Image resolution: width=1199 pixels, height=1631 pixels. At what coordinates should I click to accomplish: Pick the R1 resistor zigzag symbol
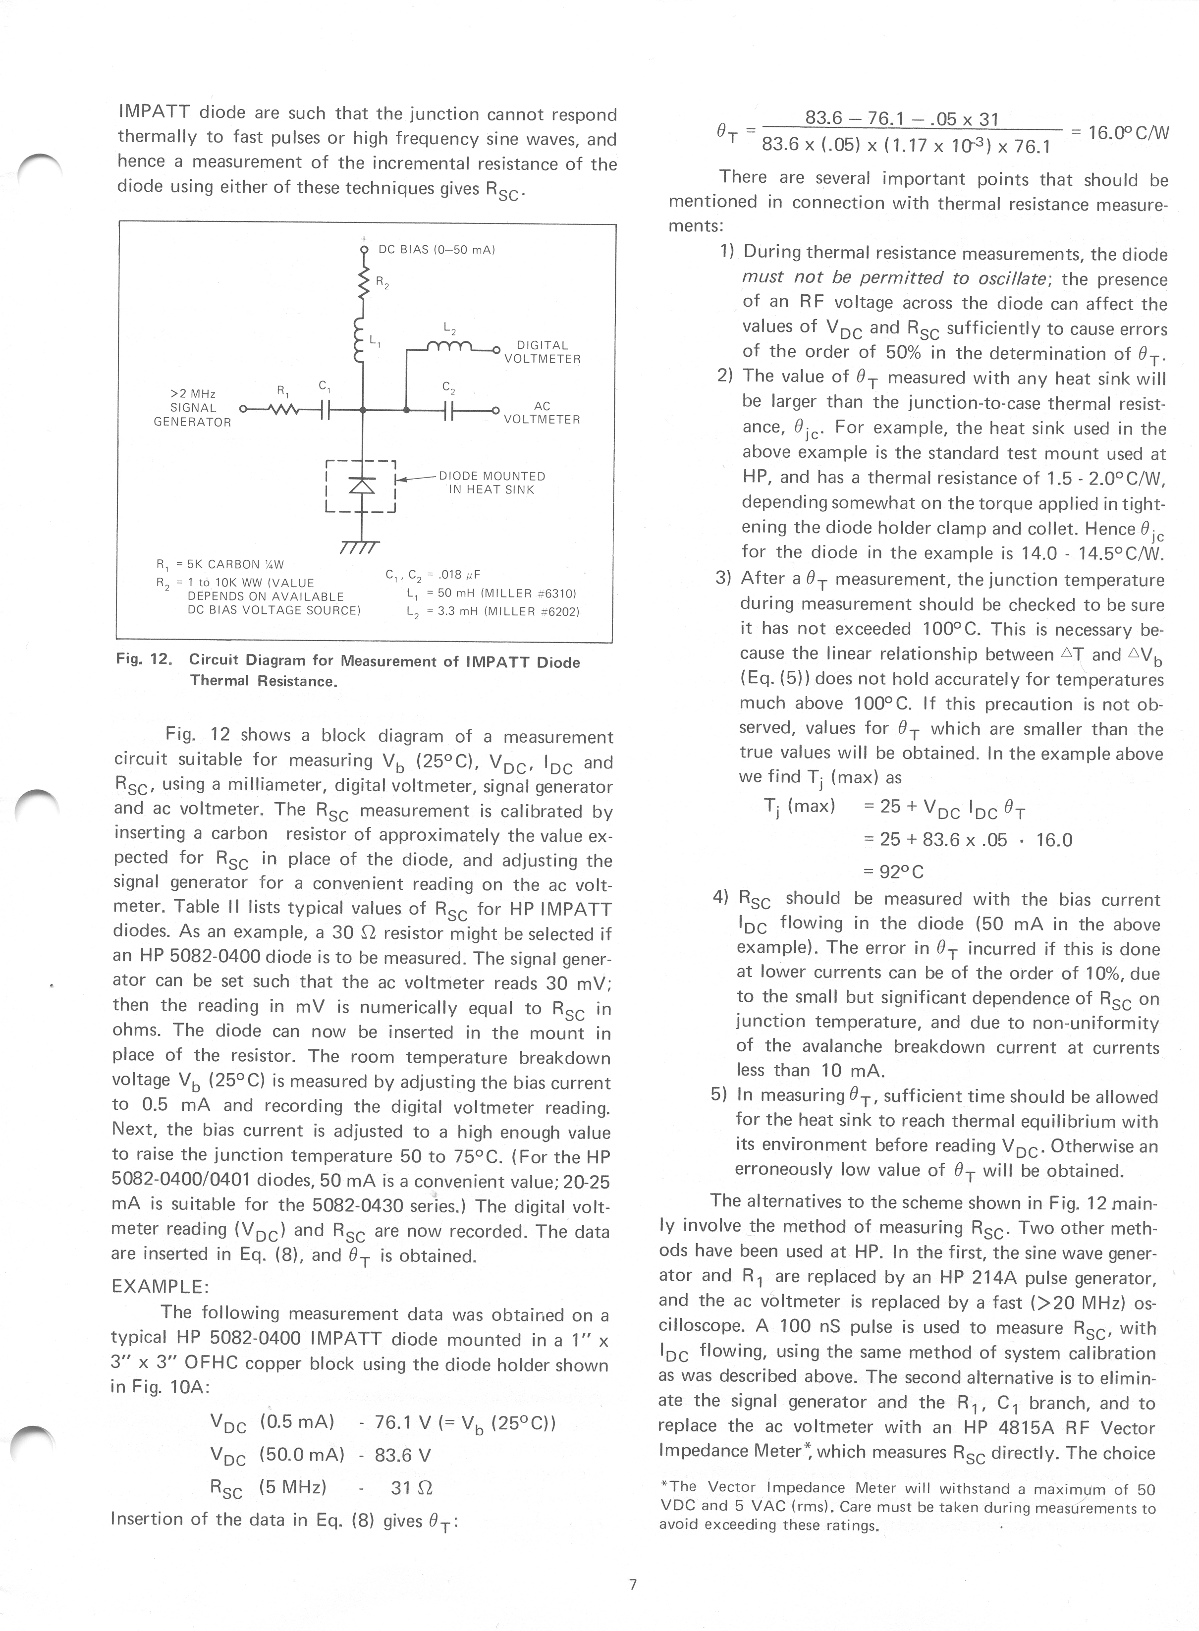coord(284,411)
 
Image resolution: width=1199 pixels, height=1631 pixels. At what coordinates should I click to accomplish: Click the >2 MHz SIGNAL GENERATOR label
coord(192,408)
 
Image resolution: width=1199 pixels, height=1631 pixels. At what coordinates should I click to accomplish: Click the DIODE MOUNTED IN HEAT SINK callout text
coord(492,483)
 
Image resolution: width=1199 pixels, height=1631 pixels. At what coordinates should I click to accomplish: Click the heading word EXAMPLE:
coord(161,1286)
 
